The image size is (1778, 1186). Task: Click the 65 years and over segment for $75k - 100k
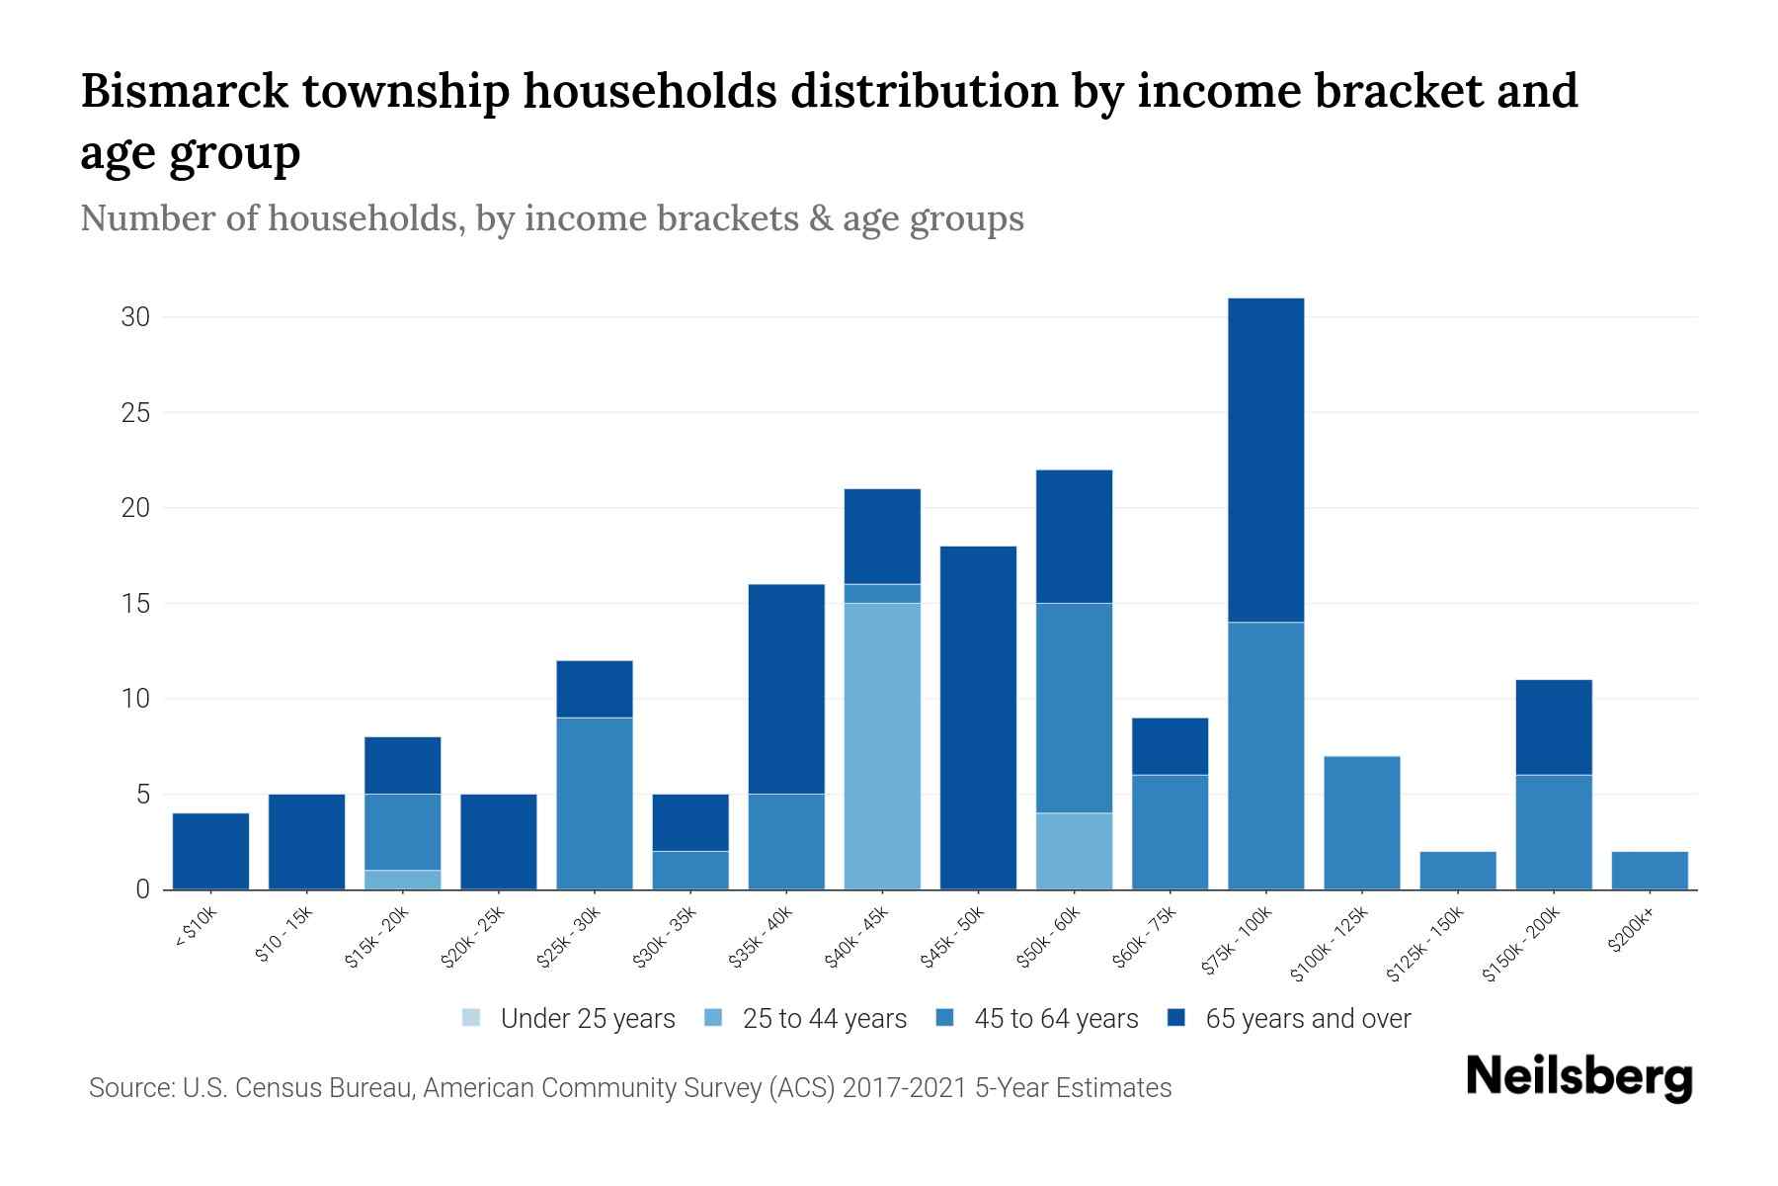click(1265, 460)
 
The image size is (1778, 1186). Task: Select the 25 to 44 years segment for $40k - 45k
click(882, 746)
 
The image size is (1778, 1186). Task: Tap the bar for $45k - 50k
click(978, 718)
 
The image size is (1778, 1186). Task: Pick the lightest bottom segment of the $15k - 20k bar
click(402, 880)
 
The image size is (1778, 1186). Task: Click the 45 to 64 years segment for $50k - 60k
click(1074, 708)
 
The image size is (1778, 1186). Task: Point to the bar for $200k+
click(1649, 870)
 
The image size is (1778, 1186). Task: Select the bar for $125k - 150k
click(1457, 870)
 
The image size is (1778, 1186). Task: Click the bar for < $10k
click(210, 851)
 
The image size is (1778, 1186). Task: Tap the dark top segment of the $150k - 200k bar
click(1553, 727)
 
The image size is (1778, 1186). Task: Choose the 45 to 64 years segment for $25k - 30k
click(594, 804)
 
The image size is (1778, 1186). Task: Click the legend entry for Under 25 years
click(569, 1018)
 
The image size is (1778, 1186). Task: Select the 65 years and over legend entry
click(1289, 1018)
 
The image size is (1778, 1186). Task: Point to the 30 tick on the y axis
click(135, 317)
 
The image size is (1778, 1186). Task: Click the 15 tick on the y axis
click(135, 603)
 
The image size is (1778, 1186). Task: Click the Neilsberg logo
click(1578, 1077)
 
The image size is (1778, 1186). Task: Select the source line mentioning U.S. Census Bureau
click(629, 1088)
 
